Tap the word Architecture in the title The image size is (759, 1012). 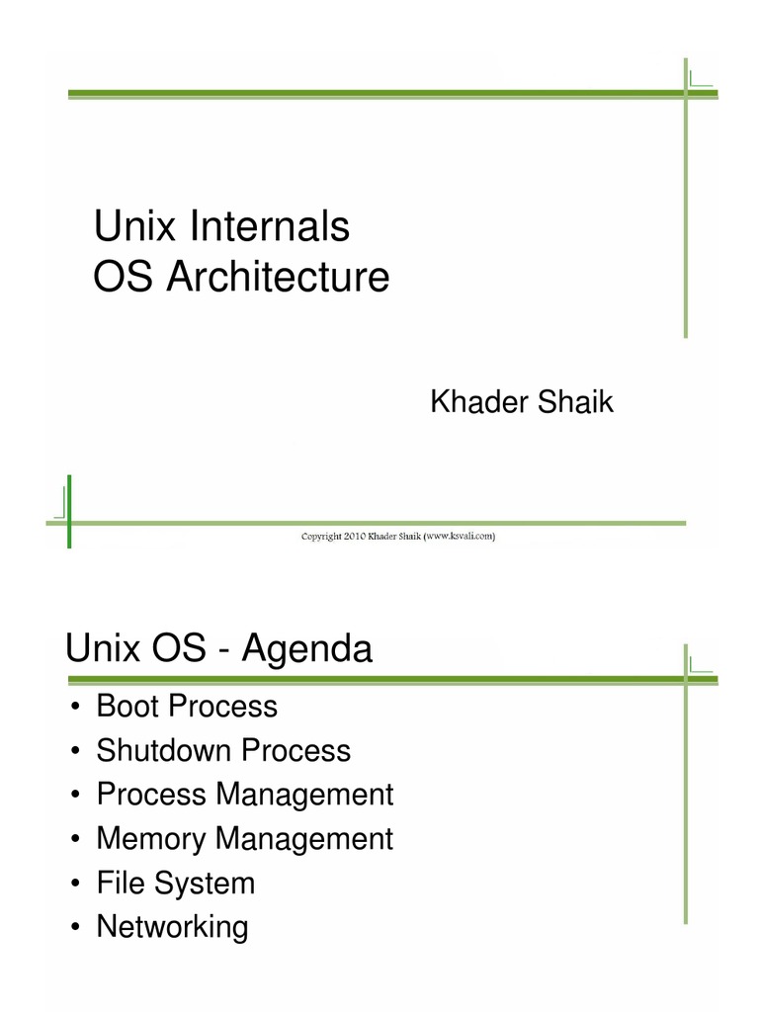(278, 278)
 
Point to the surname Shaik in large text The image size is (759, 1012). (575, 403)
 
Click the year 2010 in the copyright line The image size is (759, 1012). (354, 538)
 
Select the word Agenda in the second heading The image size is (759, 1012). (307, 650)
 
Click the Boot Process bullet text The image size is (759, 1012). (187, 707)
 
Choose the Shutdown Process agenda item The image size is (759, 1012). (223, 750)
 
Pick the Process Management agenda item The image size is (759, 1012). (244, 795)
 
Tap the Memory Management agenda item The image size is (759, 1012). (244, 839)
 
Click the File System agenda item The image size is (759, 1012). (175, 883)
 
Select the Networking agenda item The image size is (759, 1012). (172, 927)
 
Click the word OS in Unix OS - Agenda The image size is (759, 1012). (179, 650)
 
